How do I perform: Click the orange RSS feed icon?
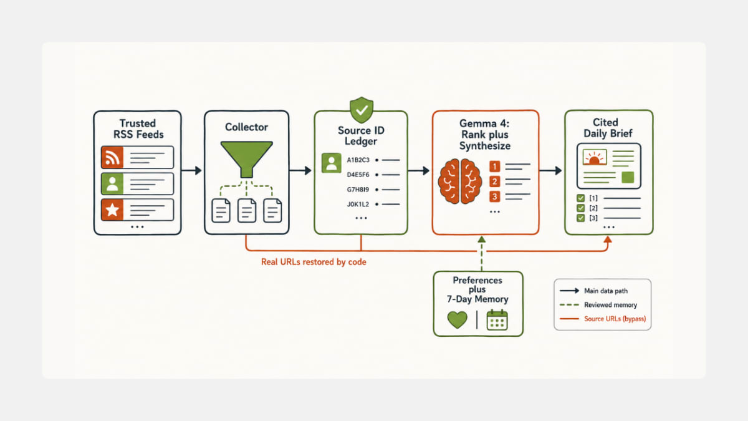(112, 157)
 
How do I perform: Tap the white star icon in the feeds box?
(112, 210)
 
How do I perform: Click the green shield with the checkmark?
(362, 110)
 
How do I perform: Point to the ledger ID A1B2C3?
(358, 160)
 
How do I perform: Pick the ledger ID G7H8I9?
(358, 190)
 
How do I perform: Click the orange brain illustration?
(460, 181)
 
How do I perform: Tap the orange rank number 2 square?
(494, 181)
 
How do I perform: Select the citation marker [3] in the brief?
(593, 218)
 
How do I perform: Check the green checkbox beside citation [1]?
(581, 198)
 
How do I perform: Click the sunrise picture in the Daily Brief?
(595, 157)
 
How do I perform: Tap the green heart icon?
(457, 320)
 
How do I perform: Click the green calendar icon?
(497, 320)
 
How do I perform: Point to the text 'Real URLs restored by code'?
(314, 262)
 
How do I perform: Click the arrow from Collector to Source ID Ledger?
(300, 170)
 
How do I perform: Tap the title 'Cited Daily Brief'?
(608, 128)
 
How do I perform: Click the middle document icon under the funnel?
(247, 211)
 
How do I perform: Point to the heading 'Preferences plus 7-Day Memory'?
(477, 289)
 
